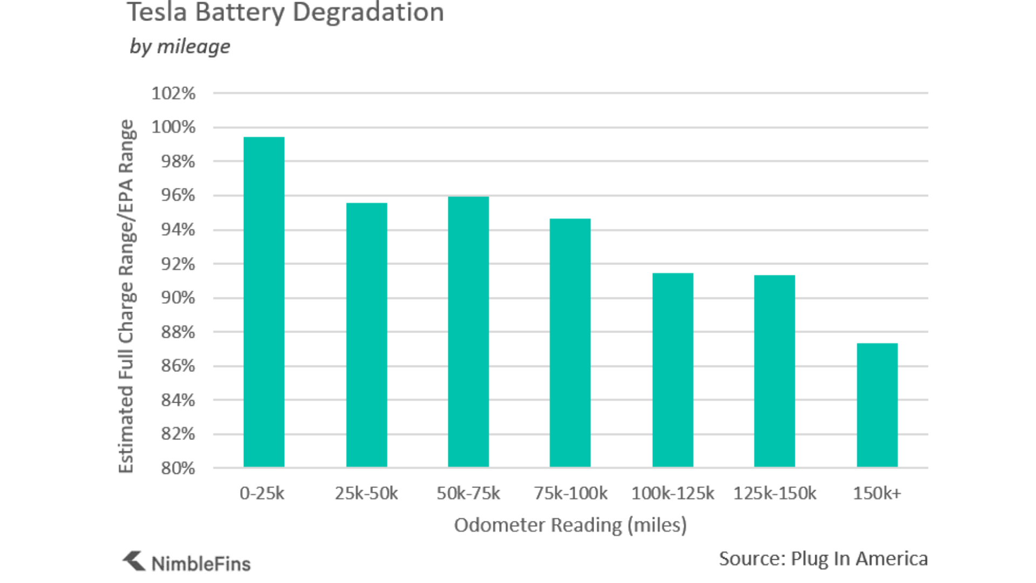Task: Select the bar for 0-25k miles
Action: pos(264,302)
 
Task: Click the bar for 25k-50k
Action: pos(366,335)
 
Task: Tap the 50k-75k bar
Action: pos(468,331)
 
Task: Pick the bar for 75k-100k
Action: pos(570,343)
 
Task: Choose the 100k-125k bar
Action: pos(673,370)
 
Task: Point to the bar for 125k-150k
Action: pos(774,371)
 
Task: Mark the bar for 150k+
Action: pos(877,405)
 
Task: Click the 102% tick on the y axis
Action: pos(173,93)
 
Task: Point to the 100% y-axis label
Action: pos(173,127)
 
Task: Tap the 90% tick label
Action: pos(178,297)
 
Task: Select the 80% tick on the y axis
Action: pos(178,468)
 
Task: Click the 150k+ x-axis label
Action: pos(877,493)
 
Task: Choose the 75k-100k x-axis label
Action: pos(570,493)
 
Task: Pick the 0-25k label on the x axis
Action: pos(262,493)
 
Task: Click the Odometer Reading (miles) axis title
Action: pos(570,525)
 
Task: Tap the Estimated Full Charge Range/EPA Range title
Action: pos(126,296)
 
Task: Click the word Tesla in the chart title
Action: pos(158,12)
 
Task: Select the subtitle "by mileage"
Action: pos(180,46)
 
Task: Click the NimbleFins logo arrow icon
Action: pos(134,561)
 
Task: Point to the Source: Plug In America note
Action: pos(823,559)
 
